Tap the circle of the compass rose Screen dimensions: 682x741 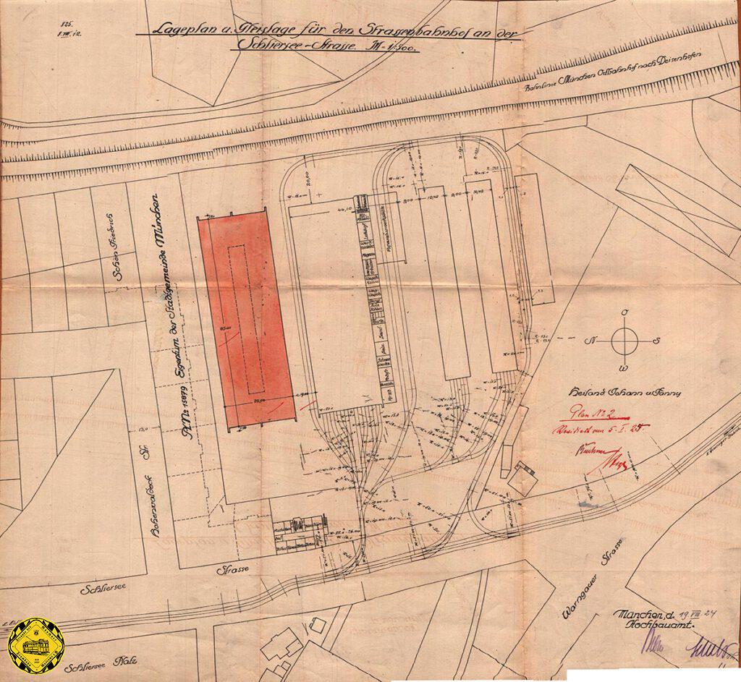coord(623,340)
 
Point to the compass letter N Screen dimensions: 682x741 coord(593,340)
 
